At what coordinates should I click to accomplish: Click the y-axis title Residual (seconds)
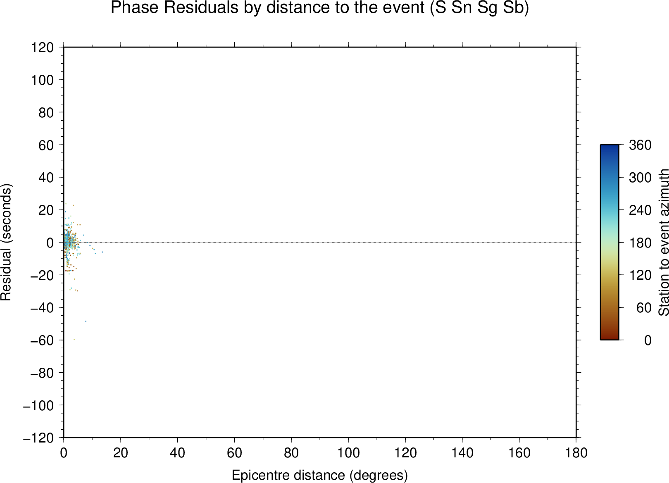click(6, 242)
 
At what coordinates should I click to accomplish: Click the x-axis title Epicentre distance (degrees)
click(319, 475)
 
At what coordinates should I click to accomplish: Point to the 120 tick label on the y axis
click(43, 47)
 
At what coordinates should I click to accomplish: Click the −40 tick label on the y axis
click(42, 307)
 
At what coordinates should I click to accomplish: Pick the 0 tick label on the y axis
click(50, 243)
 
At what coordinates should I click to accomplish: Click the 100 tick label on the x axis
click(348, 453)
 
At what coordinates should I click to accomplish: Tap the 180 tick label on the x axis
click(576, 453)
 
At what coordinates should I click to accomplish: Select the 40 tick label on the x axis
click(177, 453)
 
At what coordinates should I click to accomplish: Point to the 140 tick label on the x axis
click(462, 453)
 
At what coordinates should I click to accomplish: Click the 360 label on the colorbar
click(640, 145)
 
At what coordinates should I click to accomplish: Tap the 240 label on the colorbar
click(640, 210)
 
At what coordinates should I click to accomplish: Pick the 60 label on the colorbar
click(644, 307)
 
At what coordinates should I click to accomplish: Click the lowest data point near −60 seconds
click(74, 339)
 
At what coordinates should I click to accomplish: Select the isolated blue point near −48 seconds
click(86, 321)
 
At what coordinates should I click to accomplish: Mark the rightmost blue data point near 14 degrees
click(102, 252)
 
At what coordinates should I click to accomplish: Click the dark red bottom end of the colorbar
click(609, 338)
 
